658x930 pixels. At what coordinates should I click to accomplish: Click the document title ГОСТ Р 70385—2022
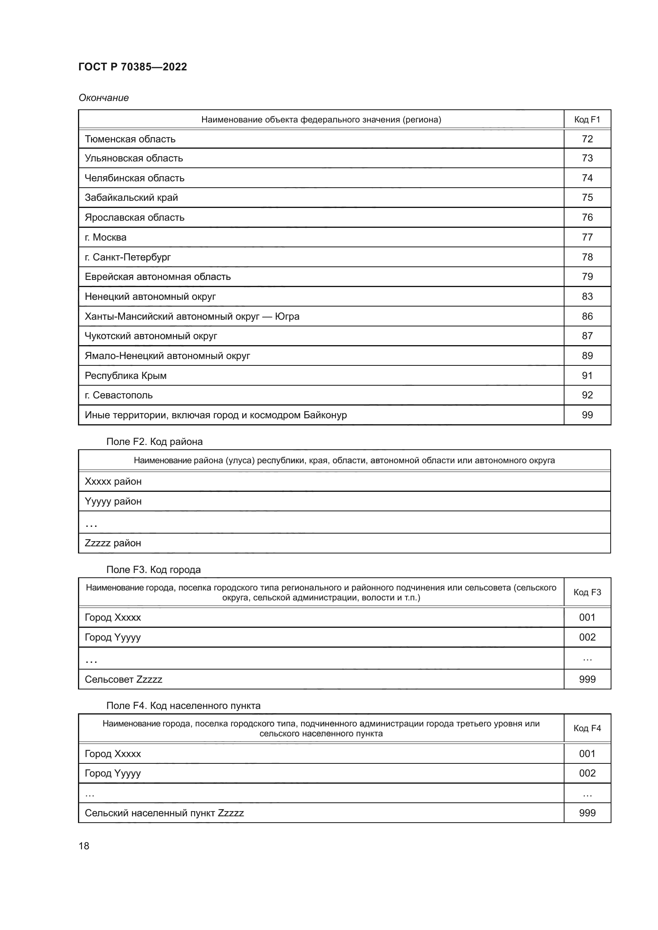pos(132,67)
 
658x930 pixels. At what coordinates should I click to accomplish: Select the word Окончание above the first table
pos(103,98)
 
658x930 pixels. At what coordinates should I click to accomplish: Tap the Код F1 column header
pos(587,120)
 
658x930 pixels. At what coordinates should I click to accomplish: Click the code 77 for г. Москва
pos(587,237)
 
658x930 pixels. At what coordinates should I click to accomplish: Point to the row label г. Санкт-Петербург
pos(128,257)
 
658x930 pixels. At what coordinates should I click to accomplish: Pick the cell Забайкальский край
pos(131,198)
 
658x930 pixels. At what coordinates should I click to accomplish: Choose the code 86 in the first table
pos(587,316)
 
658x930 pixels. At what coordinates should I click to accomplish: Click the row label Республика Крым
pos(126,375)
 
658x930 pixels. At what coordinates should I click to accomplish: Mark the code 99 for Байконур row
pos(587,415)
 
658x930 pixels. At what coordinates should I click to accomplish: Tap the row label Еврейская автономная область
pos(158,277)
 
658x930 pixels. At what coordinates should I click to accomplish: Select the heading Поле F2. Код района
pos(154,441)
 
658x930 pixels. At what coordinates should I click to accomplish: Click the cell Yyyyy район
pos(113,501)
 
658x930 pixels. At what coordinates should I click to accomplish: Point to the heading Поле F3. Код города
pos(153,569)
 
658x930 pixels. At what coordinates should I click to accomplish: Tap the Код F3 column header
pos(587,592)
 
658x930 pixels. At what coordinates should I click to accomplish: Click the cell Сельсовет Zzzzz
pos(123,679)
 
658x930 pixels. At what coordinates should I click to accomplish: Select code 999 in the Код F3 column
pos(587,679)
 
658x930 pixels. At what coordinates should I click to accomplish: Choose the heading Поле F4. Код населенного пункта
pos(183,706)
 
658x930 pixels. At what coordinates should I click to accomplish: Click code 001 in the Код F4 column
pos(587,754)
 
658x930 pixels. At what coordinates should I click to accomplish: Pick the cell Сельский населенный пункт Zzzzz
pos(164,813)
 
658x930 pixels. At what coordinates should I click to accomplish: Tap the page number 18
pos(84,846)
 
